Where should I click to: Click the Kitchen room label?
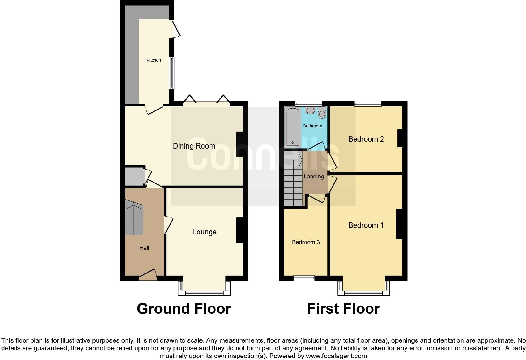coord(154,60)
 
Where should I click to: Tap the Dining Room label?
coord(194,146)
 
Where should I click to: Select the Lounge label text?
coord(204,232)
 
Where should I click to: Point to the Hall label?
coord(144,248)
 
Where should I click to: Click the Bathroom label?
coord(312,126)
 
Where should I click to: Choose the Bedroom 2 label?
coord(366,139)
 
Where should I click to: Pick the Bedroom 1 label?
coord(366,225)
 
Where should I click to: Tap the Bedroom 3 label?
coord(306,242)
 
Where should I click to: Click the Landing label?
coord(314,177)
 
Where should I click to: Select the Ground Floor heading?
coord(184,309)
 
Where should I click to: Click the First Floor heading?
coord(343,309)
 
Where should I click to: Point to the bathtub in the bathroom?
coord(293,127)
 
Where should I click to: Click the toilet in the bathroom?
coord(322,112)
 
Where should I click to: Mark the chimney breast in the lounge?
coord(239,230)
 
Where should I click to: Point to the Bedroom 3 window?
coord(304,278)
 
